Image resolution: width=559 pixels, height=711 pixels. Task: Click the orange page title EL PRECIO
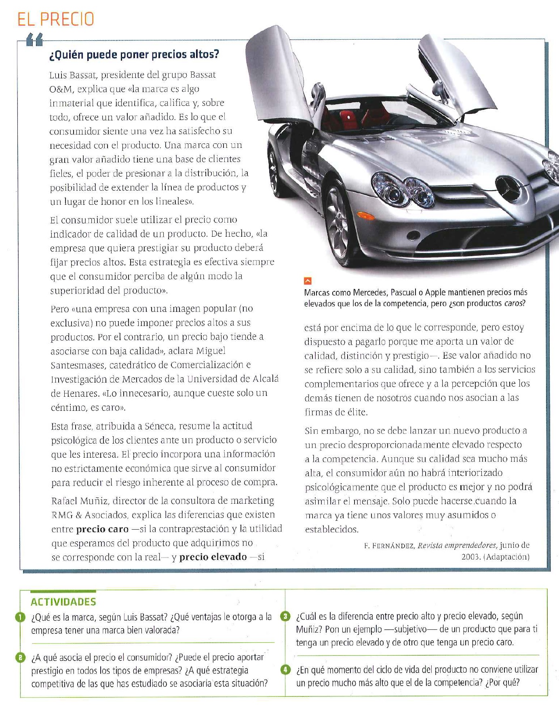(x=56, y=19)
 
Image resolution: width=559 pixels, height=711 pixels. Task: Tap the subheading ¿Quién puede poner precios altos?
(x=134, y=54)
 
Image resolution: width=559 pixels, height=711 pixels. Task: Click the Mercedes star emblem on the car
(x=508, y=189)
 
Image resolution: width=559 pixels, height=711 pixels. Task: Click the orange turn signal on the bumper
(x=366, y=216)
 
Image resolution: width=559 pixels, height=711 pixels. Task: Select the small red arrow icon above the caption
(x=308, y=281)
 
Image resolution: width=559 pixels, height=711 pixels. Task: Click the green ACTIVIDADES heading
(x=63, y=602)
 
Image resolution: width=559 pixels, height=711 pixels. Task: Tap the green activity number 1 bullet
(x=20, y=617)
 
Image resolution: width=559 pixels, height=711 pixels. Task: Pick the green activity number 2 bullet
(x=20, y=657)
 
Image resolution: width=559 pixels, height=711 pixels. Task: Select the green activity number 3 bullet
(x=285, y=616)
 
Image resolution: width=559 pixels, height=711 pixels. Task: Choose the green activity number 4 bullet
(x=285, y=670)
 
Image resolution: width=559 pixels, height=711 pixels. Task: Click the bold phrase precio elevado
(x=213, y=557)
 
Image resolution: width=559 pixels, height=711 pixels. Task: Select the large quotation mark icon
(x=34, y=40)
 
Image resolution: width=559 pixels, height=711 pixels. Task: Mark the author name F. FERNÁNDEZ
(x=389, y=546)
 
